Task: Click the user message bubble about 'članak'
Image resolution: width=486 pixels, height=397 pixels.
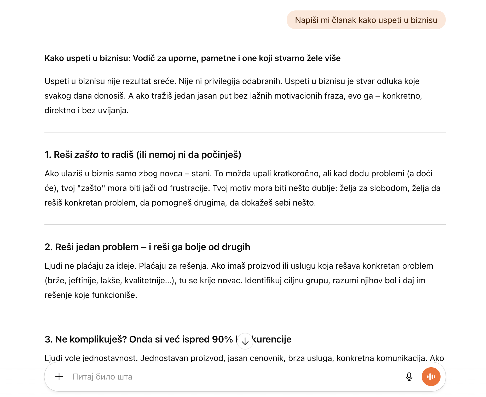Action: (x=366, y=20)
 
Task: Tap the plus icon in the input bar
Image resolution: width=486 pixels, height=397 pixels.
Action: (x=59, y=377)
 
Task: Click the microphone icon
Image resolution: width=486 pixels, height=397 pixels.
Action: (x=409, y=377)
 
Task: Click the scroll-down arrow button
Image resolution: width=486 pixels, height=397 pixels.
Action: (x=245, y=341)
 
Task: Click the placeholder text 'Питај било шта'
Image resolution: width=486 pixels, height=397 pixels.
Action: (x=102, y=377)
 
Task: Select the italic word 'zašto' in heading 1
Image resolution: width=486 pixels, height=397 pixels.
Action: (x=86, y=155)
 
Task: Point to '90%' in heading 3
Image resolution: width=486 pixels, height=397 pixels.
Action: (x=222, y=339)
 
